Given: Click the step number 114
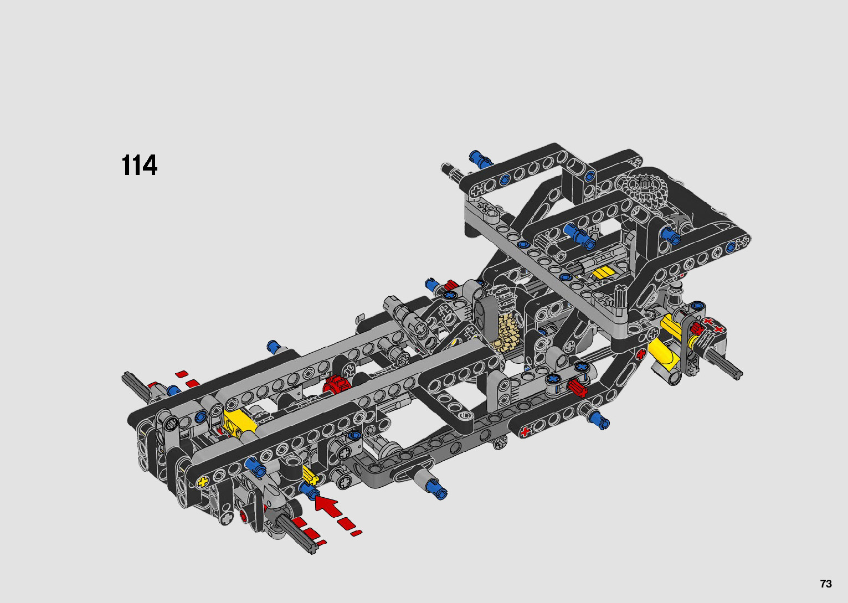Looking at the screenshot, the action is (139, 166).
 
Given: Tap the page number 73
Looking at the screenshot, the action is (826, 583).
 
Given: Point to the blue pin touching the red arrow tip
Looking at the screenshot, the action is (309, 491).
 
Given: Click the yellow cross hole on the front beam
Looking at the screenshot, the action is (203, 482).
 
